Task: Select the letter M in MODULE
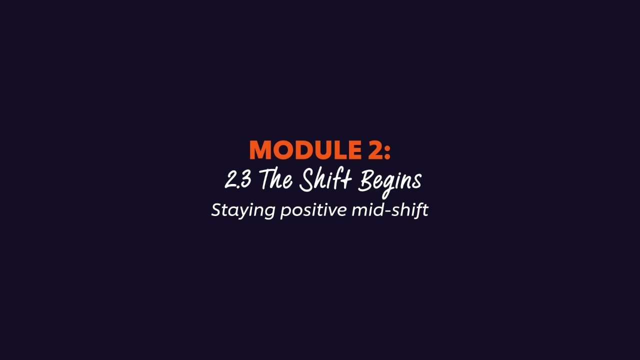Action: [x=260, y=150]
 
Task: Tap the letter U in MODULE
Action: [x=316, y=150]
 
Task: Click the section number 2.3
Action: [x=237, y=180]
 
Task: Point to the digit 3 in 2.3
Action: [x=245, y=180]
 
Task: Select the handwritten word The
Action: [x=275, y=180]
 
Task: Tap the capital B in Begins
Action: [x=365, y=180]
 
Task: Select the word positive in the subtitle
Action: [x=313, y=210]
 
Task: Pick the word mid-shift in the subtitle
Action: [x=390, y=209]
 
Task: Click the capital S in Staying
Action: [x=216, y=209]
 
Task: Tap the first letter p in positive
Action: [x=284, y=212]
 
